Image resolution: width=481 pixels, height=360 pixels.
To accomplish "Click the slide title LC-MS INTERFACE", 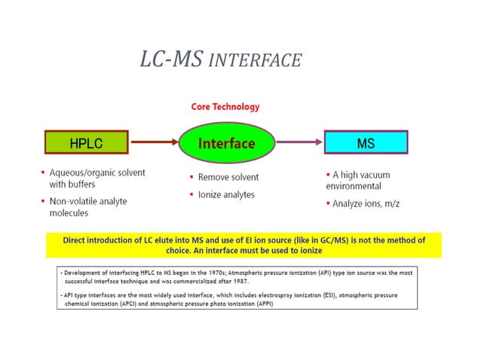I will (x=220, y=59).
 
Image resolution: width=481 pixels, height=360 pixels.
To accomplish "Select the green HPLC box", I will (x=85, y=142).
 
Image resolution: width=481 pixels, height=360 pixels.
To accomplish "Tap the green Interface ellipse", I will (x=226, y=142).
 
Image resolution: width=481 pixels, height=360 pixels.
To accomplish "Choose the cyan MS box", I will (x=366, y=142).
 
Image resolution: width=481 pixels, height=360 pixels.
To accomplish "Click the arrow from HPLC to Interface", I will (x=154, y=141).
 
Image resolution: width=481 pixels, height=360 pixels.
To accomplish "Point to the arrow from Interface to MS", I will (x=298, y=142).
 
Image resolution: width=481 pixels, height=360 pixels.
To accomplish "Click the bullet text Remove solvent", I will (x=228, y=178).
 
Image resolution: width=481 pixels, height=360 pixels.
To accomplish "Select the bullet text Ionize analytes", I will (x=226, y=194).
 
